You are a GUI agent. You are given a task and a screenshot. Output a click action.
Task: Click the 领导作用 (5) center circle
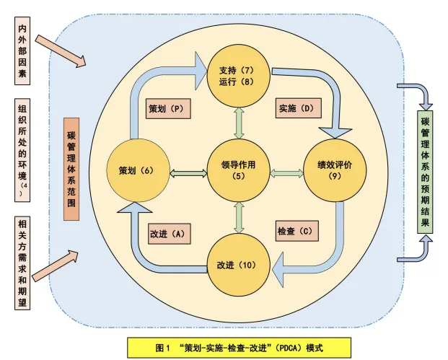click(x=239, y=171)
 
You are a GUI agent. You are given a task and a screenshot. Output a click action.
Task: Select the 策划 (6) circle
click(x=137, y=171)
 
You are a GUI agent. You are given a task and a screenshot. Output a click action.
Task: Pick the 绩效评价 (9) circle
click(x=333, y=170)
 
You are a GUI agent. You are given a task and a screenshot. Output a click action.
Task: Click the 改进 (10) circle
click(x=238, y=264)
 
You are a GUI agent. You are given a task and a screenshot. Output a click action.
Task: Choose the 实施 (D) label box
click(x=297, y=109)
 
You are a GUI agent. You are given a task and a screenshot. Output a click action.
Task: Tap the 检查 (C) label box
click(x=297, y=232)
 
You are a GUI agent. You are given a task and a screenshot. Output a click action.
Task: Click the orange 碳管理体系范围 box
click(x=71, y=168)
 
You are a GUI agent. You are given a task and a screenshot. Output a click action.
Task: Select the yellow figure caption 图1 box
click(x=239, y=347)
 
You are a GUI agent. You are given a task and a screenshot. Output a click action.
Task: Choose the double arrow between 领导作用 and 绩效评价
click(x=287, y=172)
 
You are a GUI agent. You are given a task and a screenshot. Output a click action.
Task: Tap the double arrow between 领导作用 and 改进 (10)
click(x=238, y=217)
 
